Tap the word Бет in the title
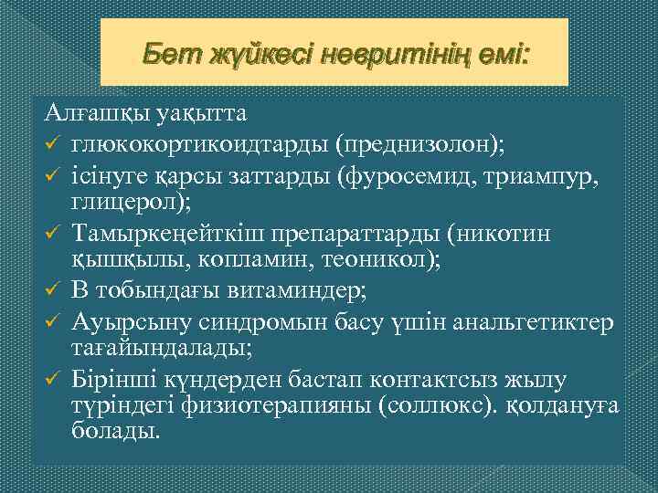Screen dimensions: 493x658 [166, 57]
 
